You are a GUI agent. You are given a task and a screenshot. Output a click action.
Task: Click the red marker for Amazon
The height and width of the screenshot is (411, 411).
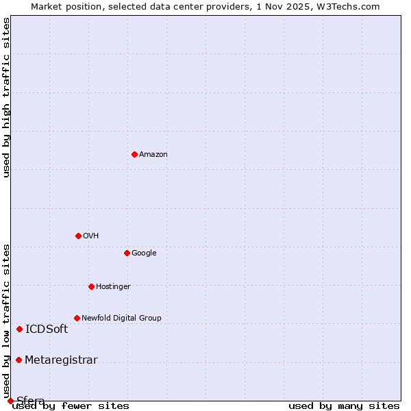[134, 154]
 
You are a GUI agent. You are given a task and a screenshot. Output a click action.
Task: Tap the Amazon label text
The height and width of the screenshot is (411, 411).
[153, 155]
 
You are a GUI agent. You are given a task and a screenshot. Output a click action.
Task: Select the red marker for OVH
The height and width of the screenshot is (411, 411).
[78, 236]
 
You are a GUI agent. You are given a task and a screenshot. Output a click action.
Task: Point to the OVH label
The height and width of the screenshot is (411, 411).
[91, 236]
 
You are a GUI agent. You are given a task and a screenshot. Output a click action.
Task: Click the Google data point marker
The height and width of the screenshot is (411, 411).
[127, 253]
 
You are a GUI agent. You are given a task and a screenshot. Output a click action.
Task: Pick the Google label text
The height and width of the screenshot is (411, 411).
[144, 253]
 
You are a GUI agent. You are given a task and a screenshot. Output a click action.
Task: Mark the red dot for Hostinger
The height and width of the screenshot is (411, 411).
[91, 286]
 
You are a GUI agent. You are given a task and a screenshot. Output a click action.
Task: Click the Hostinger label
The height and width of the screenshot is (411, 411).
[113, 287]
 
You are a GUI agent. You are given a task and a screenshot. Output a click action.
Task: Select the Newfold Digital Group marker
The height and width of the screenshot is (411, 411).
[77, 318]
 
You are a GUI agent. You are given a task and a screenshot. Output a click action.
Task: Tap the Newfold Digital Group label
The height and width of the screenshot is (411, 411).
[121, 319]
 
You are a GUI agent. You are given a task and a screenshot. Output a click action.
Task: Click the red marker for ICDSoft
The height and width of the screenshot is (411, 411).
[19, 329]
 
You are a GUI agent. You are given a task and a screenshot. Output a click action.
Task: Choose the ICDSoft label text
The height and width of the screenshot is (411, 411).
[47, 329]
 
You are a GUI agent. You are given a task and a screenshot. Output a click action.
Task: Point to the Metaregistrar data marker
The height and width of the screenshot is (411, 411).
[18, 360]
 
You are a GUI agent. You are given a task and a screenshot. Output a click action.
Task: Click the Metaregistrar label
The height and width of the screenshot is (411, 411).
[61, 360]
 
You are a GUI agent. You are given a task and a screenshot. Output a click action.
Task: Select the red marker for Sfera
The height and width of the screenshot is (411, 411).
[10, 401]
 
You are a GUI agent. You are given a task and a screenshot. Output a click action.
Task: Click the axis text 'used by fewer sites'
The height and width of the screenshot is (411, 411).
[71, 406]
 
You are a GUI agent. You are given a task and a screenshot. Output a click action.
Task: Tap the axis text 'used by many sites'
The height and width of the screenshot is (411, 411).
[344, 406]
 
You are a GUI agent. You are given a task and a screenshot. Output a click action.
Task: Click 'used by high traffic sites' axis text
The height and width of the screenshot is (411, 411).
[6, 97]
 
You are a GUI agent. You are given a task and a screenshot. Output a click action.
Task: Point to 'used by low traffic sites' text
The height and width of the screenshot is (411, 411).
[6, 321]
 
